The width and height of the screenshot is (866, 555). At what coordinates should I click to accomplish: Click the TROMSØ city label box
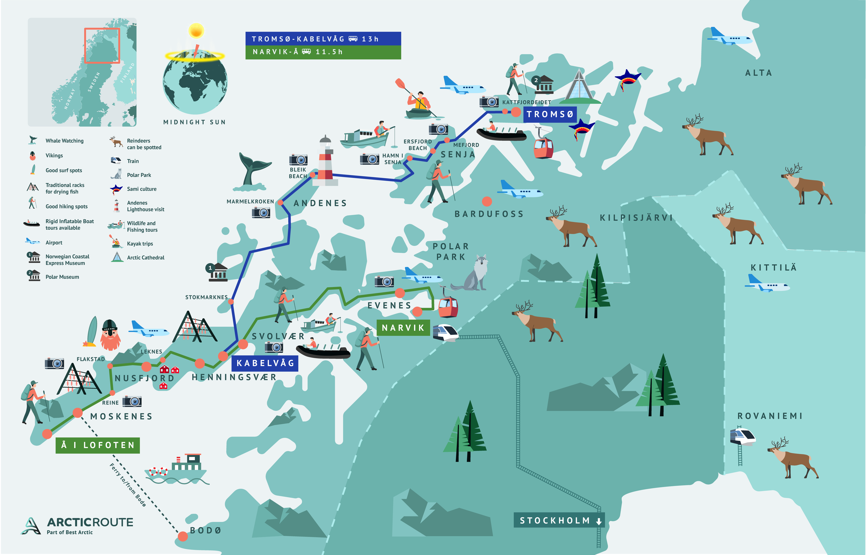click(x=550, y=114)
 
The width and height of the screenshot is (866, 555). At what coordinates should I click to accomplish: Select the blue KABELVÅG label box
click(x=265, y=363)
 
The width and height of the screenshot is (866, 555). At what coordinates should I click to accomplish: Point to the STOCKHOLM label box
click(x=558, y=520)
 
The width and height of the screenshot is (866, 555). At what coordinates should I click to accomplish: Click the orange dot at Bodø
click(x=183, y=536)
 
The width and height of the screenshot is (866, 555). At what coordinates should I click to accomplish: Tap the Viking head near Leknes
click(x=110, y=335)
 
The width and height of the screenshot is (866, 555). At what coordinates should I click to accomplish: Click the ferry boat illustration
click(x=179, y=468)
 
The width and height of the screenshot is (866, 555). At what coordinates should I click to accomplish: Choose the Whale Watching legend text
click(x=64, y=140)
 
